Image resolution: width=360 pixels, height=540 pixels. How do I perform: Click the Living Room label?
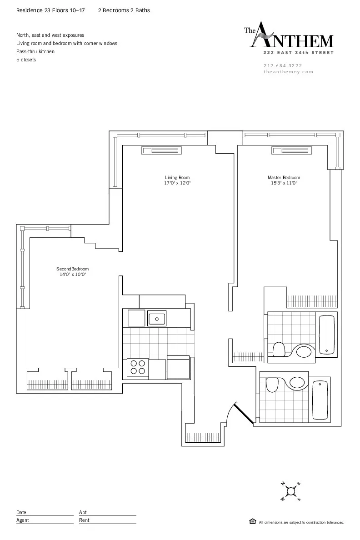click(177, 177)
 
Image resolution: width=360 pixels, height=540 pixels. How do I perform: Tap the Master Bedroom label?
click(284, 177)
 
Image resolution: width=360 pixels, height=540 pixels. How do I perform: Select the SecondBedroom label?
click(73, 269)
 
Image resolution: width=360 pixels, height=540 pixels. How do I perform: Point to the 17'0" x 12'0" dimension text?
click(177, 183)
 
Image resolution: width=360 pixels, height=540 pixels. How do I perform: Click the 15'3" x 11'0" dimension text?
click(284, 183)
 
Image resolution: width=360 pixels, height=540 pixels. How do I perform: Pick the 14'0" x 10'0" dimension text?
click(73, 275)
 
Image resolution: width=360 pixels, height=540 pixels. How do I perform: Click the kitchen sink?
click(157, 318)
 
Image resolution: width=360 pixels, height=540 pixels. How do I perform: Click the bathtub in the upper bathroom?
click(327, 335)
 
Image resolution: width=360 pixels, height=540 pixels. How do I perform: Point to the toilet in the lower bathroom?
click(272, 384)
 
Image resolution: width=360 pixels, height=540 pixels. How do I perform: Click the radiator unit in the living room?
click(161, 151)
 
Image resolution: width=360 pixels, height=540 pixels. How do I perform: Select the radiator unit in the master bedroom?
click(290, 151)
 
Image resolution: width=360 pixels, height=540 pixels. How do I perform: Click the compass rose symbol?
click(290, 491)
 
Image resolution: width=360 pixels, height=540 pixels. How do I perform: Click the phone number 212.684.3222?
click(282, 65)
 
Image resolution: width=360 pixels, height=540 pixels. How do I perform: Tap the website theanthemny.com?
click(288, 72)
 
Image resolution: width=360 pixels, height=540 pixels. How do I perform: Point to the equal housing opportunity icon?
click(253, 521)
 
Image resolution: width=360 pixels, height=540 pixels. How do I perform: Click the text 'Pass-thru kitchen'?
click(35, 51)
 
